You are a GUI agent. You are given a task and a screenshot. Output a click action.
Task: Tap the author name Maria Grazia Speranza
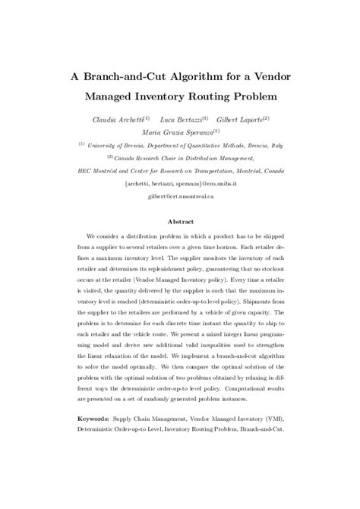click(x=179, y=132)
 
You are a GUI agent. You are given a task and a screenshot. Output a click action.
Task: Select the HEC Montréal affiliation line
click(x=180, y=171)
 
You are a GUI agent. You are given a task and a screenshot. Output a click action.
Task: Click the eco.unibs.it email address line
click(x=180, y=183)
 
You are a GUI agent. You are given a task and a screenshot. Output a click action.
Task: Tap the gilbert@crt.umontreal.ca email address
click(x=180, y=196)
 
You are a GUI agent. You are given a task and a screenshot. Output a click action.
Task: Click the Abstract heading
click(x=180, y=222)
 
